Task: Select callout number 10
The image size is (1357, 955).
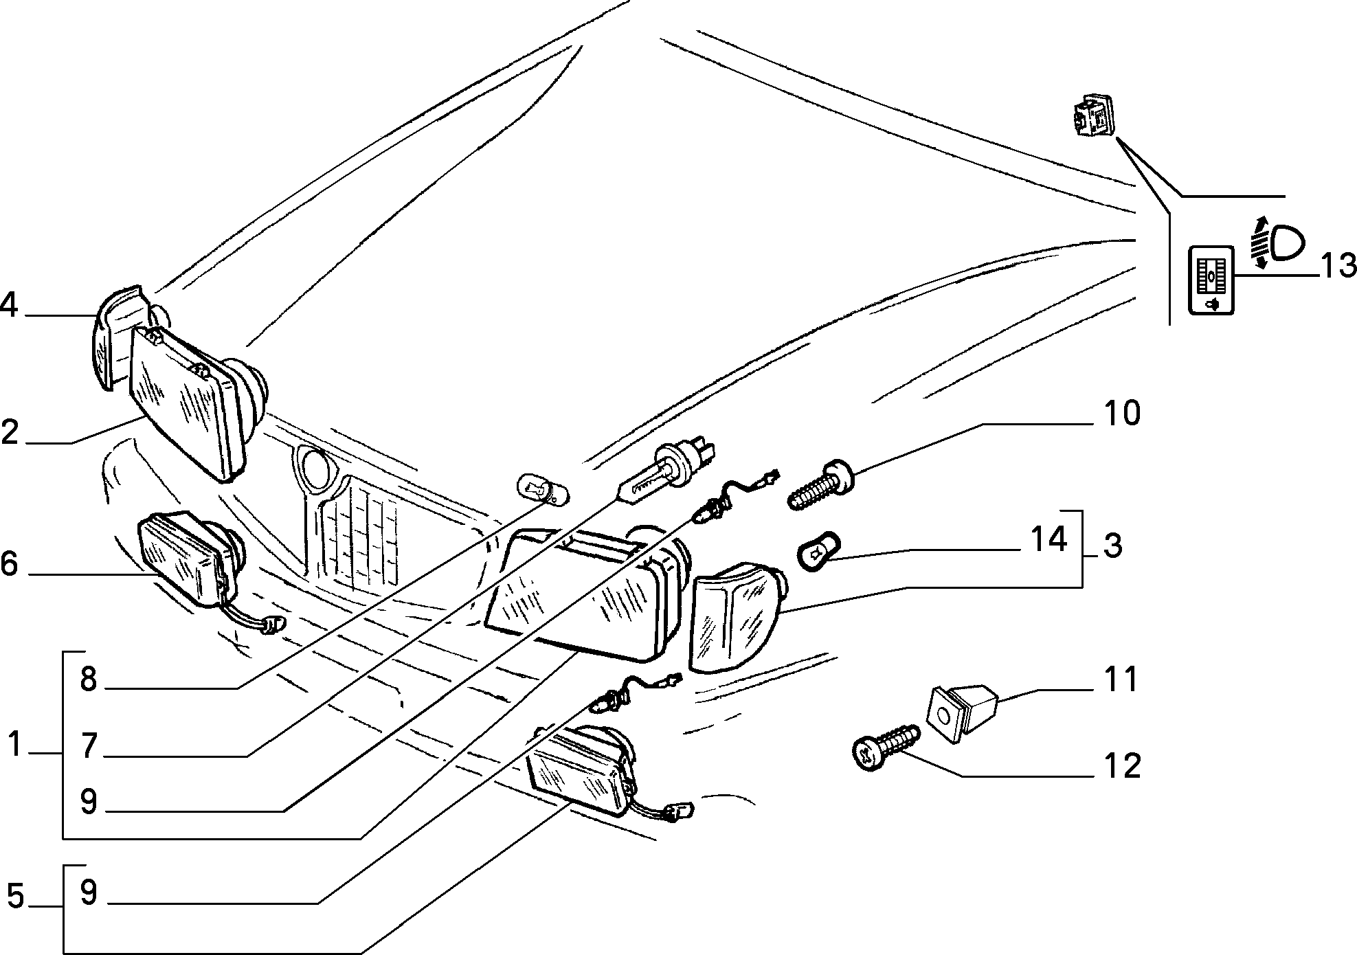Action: [x=1121, y=414]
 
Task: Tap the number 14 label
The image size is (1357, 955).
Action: [x=1048, y=539]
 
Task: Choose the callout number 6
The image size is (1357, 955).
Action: [x=9, y=563]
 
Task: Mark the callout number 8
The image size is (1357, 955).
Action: [x=88, y=680]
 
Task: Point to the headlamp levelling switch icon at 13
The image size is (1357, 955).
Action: [x=1211, y=280]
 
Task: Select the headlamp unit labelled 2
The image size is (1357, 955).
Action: [x=194, y=402]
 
